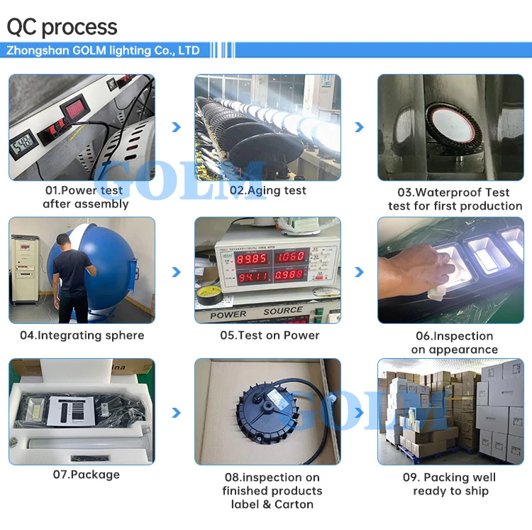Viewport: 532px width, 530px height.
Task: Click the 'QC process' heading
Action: (x=62, y=27)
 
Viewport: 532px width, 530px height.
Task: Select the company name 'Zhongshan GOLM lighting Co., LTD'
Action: (x=104, y=50)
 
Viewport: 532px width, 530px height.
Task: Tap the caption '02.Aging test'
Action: (x=267, y=190)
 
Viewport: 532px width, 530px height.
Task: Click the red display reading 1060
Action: (x=292, y=256)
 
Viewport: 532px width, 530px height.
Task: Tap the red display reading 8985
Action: (x=252, y=257)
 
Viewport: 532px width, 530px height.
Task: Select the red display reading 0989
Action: (x=292, y=276)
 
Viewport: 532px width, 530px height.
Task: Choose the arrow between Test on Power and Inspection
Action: (x=359, y=272)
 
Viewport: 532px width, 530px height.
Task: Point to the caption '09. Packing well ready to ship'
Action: (x=450, y=484)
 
